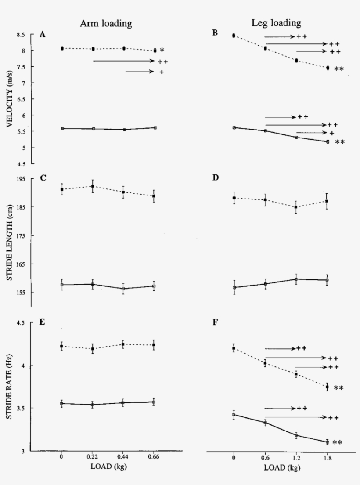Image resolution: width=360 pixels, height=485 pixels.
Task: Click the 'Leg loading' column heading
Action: (x=279, y=23)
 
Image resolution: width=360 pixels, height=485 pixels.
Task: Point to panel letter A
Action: (x=43, y=34)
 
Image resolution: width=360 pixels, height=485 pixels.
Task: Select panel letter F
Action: (x=215, y=322)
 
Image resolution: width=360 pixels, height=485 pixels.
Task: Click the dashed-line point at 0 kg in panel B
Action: (x=234, y=35)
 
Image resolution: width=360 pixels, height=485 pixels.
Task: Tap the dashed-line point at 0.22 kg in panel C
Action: (x=93, y=186)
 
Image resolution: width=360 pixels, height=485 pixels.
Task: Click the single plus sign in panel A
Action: (x=162, y=72)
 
